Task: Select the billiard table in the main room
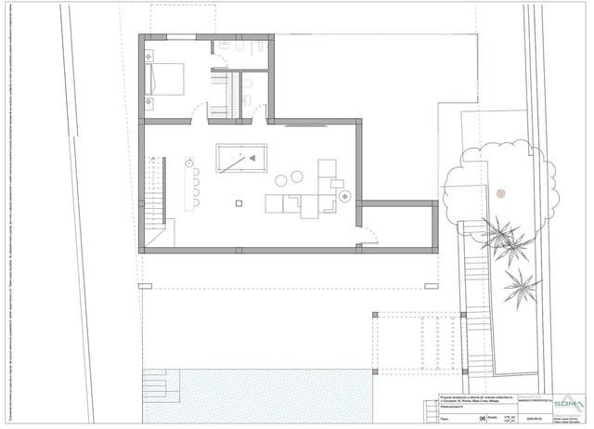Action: coord(240,159)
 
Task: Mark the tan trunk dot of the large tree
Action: coord(500,193)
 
